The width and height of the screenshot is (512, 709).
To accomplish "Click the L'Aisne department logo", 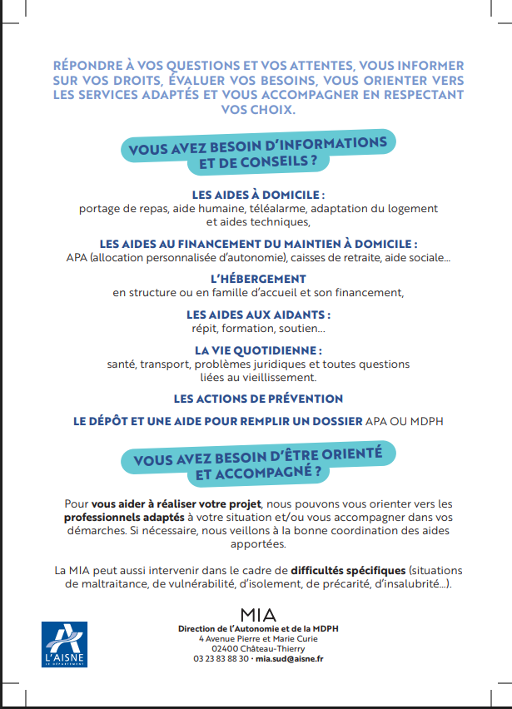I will tap(63, 644).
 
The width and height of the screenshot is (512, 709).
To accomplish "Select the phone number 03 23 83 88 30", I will tap(221, 658).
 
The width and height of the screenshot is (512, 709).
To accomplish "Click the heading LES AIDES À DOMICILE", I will tap(257, 195).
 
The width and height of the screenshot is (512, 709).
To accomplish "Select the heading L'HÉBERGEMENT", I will tap(257, 279).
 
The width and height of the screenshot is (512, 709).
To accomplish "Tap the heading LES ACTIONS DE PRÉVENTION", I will tap(258, 399).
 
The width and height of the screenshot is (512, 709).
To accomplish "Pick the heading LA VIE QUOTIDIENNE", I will tap(258, 350).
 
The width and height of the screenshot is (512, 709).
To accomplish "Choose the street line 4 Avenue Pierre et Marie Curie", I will tap(258, 637).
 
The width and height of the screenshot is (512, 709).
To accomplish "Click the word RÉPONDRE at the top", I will tap(87, 65).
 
